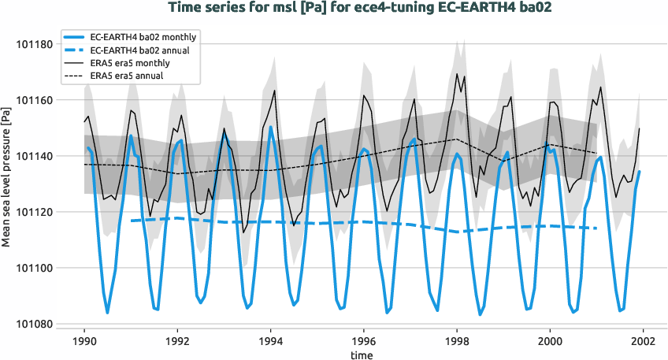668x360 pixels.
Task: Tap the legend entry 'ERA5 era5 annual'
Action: click(134, 75)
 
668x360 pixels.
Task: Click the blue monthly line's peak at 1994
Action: click(270, 127)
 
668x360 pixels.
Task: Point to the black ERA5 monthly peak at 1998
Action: click(457, 73)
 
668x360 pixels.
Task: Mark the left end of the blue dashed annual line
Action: click(131, 221)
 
